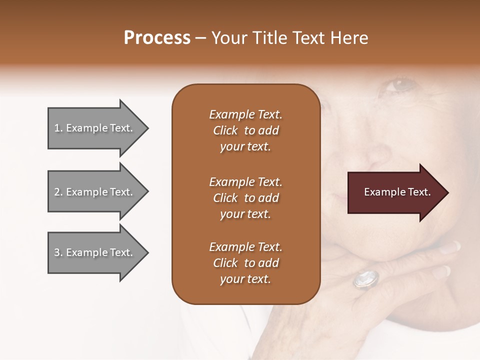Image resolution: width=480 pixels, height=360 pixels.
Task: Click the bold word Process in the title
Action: (x=157, y=38)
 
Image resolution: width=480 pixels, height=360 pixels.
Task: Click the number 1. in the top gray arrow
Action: (x=58, y=128)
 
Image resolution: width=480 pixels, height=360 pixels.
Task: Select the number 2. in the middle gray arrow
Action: (x=58, y=192)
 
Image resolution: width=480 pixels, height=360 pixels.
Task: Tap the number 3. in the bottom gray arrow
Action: (x=58, y=252)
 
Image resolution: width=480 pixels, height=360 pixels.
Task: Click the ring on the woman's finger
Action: (x=366, y=279)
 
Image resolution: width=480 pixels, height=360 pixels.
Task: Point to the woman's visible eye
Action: (x=400, y=84)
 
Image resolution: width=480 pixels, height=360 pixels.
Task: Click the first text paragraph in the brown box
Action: (x=245, y=130)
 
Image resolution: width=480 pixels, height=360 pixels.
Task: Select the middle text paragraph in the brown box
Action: (x=245, y=197)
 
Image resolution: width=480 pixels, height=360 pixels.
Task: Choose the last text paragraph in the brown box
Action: (x=245, y=263)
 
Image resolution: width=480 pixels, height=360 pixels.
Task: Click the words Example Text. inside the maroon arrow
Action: (x=397, y=192)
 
